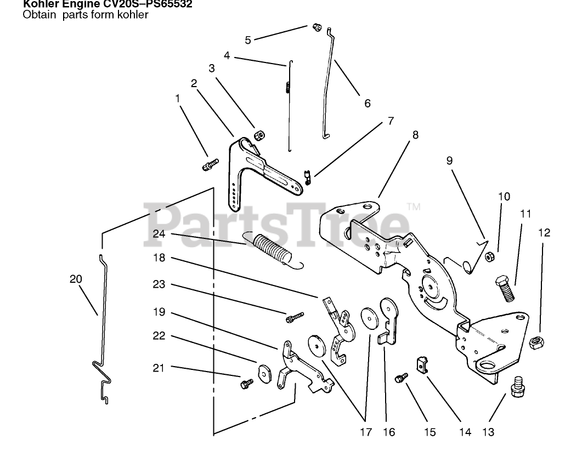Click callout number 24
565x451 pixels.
pyautogui.click(x=159, y=233)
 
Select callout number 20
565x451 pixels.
pyautogui.click(x=76, y=279)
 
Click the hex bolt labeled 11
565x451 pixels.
pyautogui.click(x=505, y=289)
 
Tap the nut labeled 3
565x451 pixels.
pyautogui.click(x=259, y=135)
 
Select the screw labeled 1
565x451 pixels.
pyautogui.click(x=211, y=164)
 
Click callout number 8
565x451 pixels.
pyautogui.click(x=415, y=134)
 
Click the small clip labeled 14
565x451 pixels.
pyautogui.click(x=422, y=363)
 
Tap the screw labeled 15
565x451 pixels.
pyautogui.click(x=402, y=378)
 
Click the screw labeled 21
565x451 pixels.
pyautogui.click(x=245, y=383)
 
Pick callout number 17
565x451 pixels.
pyautogui.click(x=366, y=432)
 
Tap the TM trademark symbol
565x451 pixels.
pyautogui.click(x=414, y=207)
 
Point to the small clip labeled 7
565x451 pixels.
pyautogui.click(x=309, y=178)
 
